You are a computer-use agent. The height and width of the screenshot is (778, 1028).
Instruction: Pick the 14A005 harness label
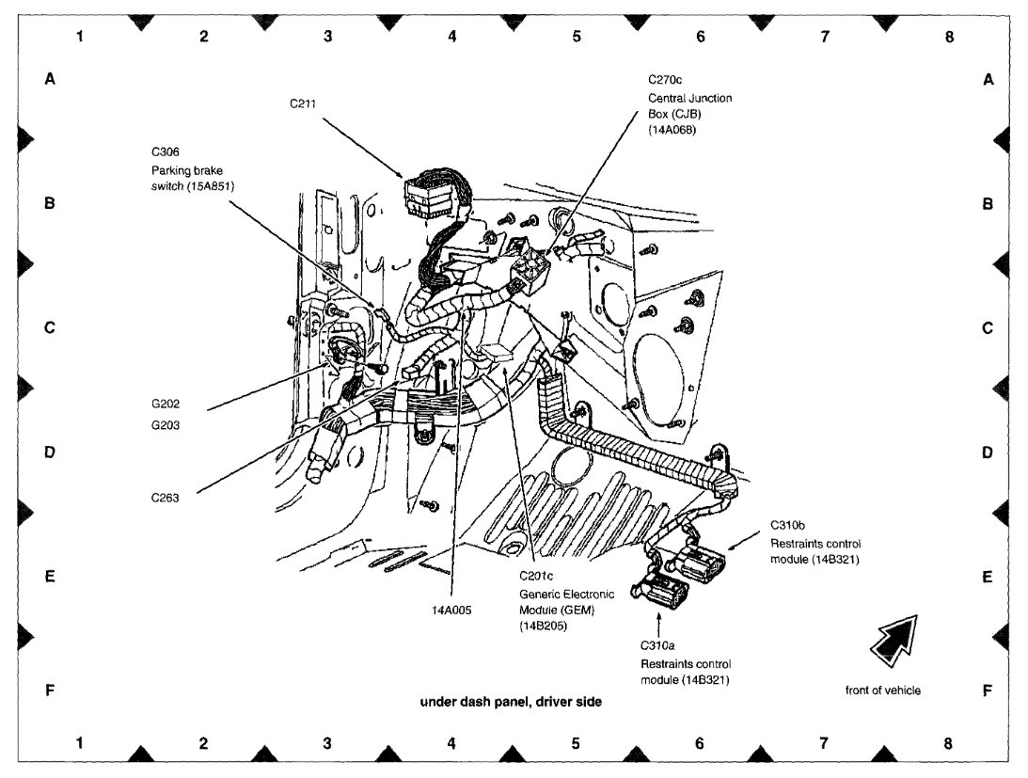tap(451, 610)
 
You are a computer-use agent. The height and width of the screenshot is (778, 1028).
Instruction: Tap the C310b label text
tap(787, 525)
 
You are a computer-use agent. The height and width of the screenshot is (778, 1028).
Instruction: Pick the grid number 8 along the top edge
tap(948, 37)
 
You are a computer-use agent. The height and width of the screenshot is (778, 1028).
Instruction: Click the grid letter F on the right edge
tap(987, 691)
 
